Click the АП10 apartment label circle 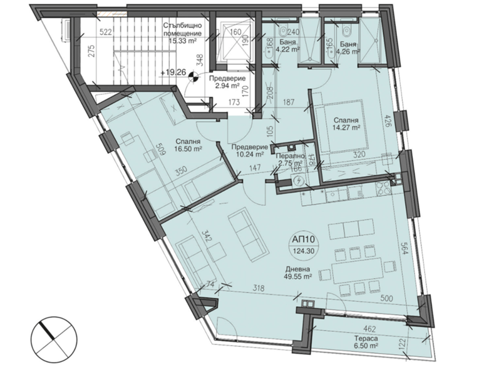coord(303,245)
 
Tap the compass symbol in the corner coord(54,339)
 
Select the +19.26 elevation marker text coord(173,72)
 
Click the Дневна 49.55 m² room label coord(298,273)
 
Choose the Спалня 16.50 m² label coord(187,145)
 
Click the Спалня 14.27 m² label coord(346,124)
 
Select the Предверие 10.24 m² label coord(249,151)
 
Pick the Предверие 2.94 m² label coord(227,82)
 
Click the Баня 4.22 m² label coord(289,46)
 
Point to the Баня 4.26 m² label coord(349,47)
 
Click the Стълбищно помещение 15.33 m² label coord(182,33)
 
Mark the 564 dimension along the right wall coord(405,247)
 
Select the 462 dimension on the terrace coord(370,328)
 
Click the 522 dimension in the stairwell coord(105,32)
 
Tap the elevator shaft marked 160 coord(235,41)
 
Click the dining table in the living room coord(357,271)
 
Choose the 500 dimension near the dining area coord(386,298)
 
